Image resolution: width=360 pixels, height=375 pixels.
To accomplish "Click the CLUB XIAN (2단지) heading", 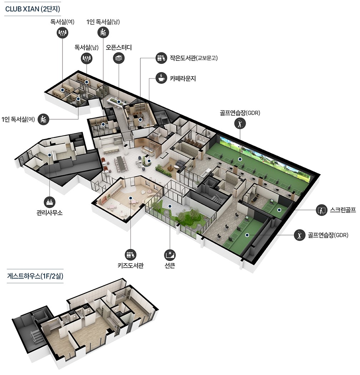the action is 32,9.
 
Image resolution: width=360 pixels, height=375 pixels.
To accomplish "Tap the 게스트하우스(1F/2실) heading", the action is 35,276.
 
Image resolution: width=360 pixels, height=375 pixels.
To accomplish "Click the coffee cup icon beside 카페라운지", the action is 161,78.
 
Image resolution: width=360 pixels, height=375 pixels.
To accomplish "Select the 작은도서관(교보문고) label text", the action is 194,58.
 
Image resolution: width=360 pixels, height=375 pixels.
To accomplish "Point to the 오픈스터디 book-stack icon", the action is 119,58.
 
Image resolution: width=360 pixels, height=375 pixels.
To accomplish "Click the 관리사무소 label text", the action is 50,212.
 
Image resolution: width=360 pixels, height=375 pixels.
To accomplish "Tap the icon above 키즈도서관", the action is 131,255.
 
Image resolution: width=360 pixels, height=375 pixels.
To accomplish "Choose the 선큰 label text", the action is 170,265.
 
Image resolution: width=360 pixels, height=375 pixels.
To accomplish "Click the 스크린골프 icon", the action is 321,210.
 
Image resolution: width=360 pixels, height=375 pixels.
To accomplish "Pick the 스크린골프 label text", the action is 343,210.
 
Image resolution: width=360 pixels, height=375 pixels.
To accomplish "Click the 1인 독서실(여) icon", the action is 43,119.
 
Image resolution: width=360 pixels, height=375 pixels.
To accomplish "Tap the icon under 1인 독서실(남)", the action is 103,32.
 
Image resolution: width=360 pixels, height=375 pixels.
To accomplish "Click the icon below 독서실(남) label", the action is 86,58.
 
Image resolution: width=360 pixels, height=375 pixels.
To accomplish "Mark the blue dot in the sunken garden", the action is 170,206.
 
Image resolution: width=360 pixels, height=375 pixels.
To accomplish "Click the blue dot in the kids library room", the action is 131,198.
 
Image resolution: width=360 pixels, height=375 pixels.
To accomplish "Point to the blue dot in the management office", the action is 50,155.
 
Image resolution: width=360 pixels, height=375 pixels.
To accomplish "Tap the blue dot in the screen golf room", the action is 279,210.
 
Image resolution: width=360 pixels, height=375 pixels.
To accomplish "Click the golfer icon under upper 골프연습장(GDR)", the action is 240,124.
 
